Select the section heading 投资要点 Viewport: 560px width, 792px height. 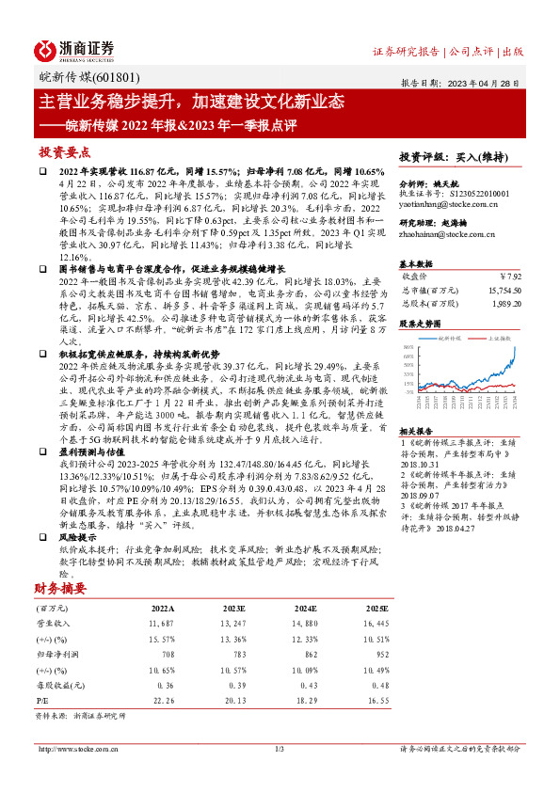point(65,151)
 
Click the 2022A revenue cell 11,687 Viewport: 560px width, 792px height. point(161,623)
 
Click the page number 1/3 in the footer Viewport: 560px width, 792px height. point(279,749)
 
